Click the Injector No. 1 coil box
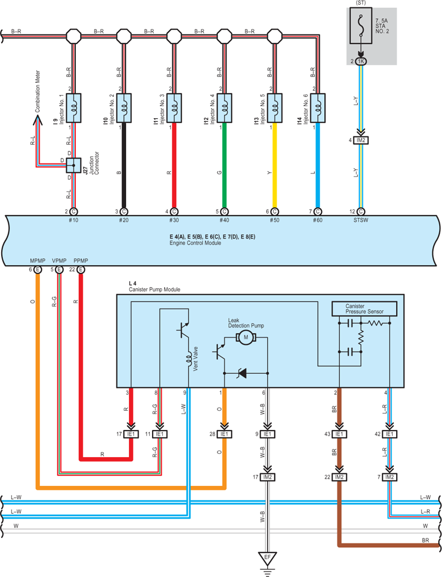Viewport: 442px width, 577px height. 74,108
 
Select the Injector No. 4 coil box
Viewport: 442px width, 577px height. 225,108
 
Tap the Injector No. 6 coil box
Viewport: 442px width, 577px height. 318,108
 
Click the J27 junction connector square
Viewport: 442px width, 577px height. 74,166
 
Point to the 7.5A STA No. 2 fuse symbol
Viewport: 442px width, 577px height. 361,26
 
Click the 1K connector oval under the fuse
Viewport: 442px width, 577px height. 361,61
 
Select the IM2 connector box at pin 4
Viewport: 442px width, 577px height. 361,140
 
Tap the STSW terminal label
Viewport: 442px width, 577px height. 361,220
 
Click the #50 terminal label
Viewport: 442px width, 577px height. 274,220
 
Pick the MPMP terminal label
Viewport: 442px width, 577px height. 38,261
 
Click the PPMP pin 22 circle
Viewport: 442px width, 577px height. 81,270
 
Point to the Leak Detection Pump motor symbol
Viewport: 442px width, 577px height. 246,337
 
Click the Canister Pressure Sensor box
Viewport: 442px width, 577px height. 365,309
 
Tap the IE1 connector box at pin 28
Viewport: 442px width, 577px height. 224,434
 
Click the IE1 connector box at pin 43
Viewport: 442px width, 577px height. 339,434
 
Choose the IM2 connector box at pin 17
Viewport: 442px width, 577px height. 267,477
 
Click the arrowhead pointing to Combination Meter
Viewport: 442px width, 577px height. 37,120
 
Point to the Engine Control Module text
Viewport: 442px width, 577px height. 195,243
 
